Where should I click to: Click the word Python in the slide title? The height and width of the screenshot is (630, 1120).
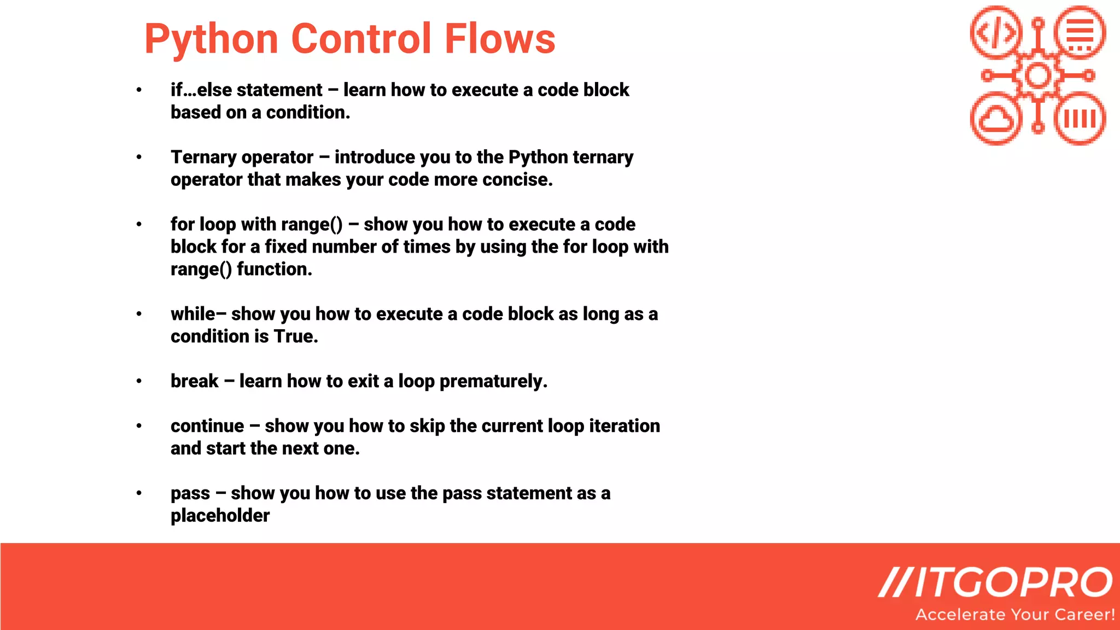pyautogui.click(x=211, y=39)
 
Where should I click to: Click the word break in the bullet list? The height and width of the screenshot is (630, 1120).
pyautogui.click(x=194, y=381)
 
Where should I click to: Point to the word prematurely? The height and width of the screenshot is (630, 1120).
pyautogui.click(x=493, y=382)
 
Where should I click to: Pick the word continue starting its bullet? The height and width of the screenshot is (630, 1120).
pyautogui.click(x=207, y=426)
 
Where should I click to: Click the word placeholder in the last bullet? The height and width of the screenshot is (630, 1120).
pyautogui.click(x=220, y=516)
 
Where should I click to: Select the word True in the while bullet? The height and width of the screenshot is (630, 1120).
pyautogui.click(x=295, y=336)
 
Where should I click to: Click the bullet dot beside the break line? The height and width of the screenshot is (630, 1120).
pyautogui.click(x=139, y=381)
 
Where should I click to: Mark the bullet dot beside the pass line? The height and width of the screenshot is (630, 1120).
pyautogui.click(x=139, y=493)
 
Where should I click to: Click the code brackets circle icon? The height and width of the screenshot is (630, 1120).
pyautogui.click(x=996, y=32)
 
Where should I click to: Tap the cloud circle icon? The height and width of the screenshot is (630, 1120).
pyautogui.click(x=996, y=119)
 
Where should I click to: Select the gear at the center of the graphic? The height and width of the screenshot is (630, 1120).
pyautogui.click(x=1037, y=75)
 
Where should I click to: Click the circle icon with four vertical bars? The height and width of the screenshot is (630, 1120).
pyautogui.click(x=1080, y=119)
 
